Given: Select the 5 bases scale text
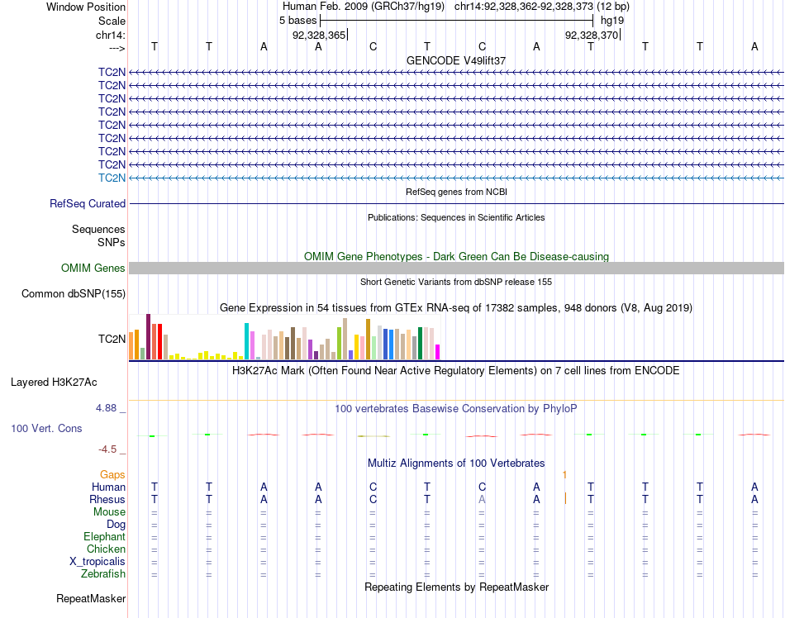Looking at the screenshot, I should tap(298, 20).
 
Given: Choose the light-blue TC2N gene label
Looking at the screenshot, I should tap(112, 178).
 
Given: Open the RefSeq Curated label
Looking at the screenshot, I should tap(88, 203).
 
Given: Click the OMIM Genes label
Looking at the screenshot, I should tap(93, 268).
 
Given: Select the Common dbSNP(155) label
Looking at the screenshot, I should tap(74, 293).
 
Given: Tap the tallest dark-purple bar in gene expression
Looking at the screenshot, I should tap(148, 336).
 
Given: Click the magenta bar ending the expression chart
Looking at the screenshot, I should tap(438, 351).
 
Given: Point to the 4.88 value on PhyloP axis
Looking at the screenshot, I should tap(111, 407).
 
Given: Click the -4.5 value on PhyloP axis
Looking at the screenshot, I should tap(112, 449).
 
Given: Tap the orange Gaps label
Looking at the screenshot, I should tap(112, 474).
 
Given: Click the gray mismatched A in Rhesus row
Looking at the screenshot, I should tap(482, 499).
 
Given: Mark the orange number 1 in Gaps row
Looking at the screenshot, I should tap(564, 474).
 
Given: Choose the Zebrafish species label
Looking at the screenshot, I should tap(102, 573).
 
